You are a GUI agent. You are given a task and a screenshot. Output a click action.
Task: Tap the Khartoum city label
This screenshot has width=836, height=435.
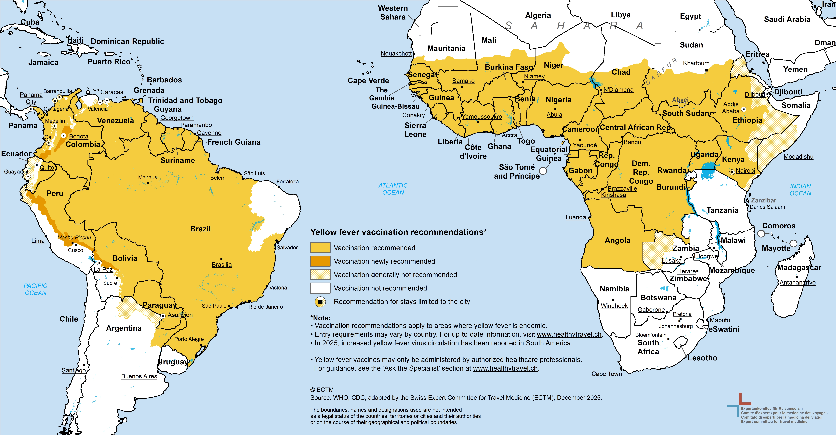[696, 63]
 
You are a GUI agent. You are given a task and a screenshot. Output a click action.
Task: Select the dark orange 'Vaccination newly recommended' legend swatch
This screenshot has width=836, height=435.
[320, 261]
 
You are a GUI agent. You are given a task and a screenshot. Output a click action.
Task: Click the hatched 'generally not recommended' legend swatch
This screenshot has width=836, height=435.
[320, 274]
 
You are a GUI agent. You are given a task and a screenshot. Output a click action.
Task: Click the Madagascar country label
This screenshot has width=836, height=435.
[799, 268]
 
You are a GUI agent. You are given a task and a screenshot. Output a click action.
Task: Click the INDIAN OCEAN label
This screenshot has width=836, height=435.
[800, 190]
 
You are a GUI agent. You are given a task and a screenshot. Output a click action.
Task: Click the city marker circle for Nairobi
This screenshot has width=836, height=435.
[732, 172]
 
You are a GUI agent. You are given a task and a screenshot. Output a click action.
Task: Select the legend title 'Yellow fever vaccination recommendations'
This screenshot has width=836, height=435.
[398, 232]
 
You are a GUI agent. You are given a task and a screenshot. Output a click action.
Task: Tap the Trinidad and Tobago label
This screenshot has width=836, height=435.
[185, 101]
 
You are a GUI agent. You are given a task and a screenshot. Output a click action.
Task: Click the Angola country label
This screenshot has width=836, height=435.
[617, 240]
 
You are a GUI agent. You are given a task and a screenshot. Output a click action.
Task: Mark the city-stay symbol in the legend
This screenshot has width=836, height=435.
[320, 302]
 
